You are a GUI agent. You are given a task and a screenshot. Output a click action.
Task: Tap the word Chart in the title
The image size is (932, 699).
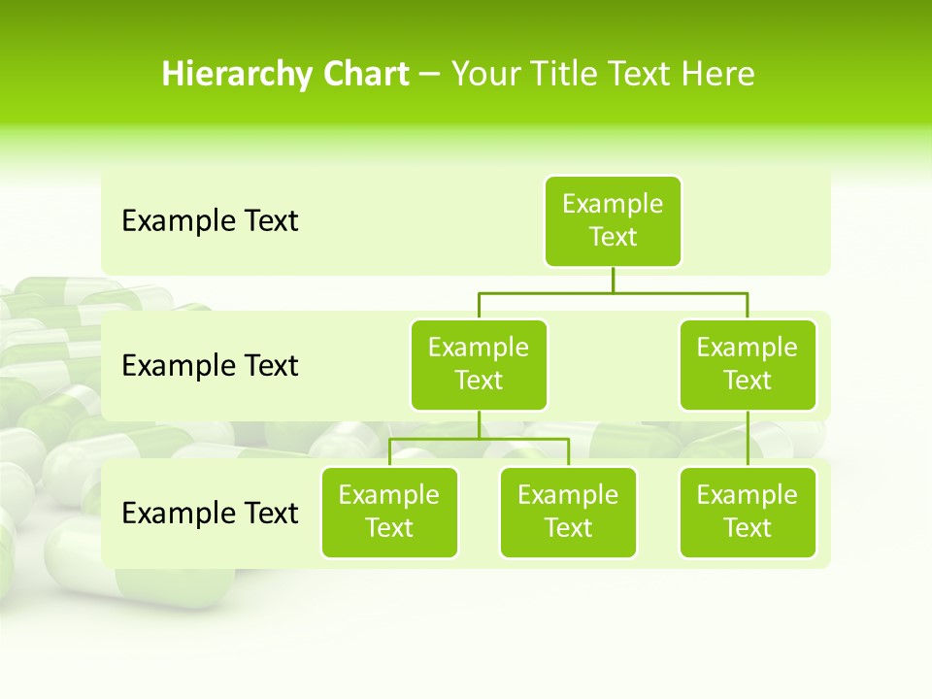tap(365, 74)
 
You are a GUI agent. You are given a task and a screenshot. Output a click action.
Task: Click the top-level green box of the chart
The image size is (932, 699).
tap(613, 220)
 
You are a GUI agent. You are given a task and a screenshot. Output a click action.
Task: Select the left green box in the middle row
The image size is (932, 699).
tap(479, 364)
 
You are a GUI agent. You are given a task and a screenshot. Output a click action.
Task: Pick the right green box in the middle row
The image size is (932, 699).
tap(748, 364)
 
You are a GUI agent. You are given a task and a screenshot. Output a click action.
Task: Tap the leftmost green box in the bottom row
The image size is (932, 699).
tap(389, 512)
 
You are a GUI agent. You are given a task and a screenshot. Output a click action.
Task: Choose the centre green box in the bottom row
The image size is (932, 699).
tap(568, 512)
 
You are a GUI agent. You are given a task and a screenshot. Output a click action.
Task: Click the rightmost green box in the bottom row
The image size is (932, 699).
tap(748, 512)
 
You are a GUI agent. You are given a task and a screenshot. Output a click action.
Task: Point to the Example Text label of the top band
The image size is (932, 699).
tap(210, 221)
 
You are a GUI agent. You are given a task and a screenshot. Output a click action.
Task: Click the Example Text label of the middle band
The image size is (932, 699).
tap(210, 366)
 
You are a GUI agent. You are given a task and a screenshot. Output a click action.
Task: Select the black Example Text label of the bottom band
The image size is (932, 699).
tap(210, 513)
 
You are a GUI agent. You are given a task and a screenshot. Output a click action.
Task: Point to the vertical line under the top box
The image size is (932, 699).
tap(613, 280)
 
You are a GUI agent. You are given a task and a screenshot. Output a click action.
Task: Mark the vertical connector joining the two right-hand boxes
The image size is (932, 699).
tap(748, 439)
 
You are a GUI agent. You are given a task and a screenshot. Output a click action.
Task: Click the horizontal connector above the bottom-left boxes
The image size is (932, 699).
tap(479, 439)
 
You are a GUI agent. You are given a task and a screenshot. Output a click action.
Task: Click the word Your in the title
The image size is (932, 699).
tap(486, 74)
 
